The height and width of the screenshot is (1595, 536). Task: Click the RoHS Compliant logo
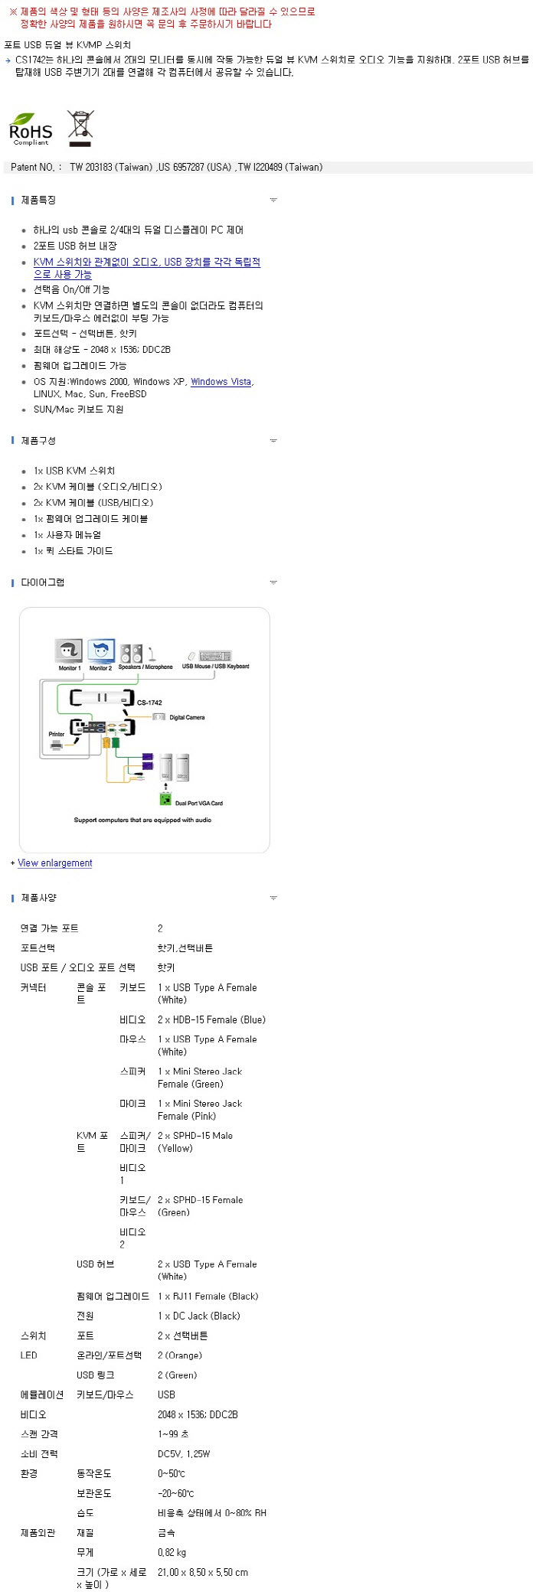tap(31, 129)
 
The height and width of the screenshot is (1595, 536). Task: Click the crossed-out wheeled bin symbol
tap(80, 128)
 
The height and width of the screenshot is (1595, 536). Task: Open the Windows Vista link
tap(221, 382)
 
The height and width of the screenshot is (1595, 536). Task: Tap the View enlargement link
tap(55, 863)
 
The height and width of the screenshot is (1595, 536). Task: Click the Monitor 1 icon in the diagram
tap(69, 651)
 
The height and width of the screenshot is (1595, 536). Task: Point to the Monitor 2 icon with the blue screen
tap(101, 651)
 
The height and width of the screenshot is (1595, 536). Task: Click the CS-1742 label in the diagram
tap(149, 702)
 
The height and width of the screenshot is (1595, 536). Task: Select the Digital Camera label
tap(187, 717)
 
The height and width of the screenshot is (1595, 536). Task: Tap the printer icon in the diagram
tap(57, 745)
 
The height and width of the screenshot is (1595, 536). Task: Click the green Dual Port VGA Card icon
tap(165, 799)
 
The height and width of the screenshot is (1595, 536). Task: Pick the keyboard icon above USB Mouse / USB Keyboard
tap(214, 656)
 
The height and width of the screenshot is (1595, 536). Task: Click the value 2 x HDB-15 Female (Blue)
tap(211, 1019)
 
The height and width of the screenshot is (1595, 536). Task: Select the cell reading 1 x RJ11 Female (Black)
tap(208, 1296)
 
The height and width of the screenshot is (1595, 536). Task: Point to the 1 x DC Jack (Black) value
tap(198, 1316)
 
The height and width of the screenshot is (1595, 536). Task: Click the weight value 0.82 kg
tap(172, 1552)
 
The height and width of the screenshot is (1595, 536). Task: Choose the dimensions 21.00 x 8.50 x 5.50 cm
tap(202, 1572)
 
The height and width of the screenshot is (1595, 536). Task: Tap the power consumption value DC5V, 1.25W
tap(184, 1453)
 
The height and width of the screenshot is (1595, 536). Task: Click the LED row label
tap(28, 1355)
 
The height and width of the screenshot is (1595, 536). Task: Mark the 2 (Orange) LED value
tap(180, 1355)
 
